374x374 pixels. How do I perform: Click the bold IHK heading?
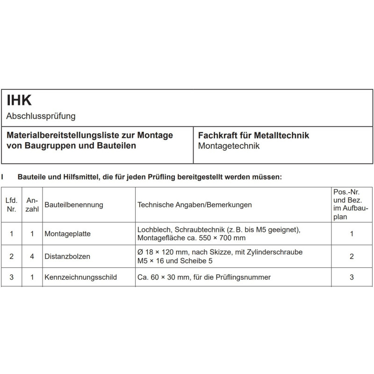tap(19, 100)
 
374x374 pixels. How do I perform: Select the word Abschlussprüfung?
tap(41, 115)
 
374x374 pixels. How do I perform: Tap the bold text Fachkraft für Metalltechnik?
tap(253, 136)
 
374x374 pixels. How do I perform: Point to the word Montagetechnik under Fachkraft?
tap(229, 146)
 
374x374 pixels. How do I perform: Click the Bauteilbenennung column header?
tap(74, 205)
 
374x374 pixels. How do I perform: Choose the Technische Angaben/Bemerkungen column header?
tap(194, 205)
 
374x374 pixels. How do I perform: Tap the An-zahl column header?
tap(32, 205)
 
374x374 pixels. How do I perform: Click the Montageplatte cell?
tap(67, 234)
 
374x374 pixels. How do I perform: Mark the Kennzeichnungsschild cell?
tap(80, 277)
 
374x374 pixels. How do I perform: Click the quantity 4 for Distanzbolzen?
tap(32, 256)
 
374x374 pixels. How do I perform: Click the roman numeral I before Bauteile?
tap(3, 177)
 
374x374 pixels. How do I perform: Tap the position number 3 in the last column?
tap(351, 277)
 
